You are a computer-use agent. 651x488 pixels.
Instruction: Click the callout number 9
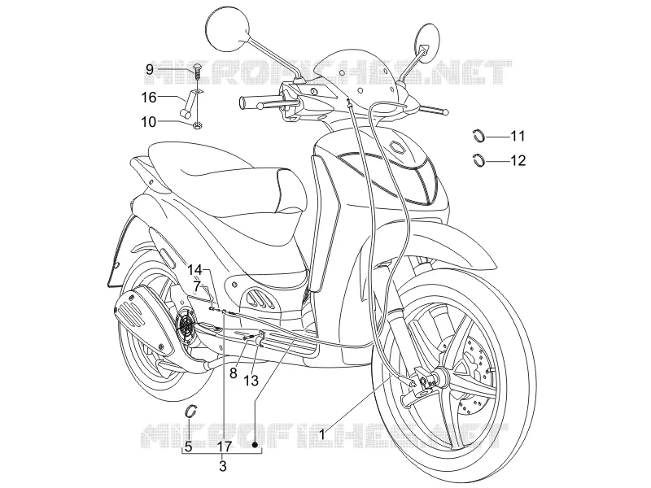point(149,69)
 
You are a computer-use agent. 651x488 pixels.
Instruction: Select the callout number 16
point(149,98)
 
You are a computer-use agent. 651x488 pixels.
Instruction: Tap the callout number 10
point(149,122)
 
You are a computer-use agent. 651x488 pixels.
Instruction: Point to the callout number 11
point(518,136)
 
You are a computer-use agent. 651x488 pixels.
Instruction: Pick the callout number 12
point(518,160)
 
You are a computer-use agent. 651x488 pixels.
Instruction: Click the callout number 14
point(194,270)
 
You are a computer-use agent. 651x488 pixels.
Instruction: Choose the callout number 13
point(251,380)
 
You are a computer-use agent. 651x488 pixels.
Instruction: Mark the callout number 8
point(234,373)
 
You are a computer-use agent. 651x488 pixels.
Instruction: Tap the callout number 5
point(189,447)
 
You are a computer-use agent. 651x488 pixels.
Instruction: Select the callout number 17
point(224,447)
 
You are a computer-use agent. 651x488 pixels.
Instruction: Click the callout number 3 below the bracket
point(223,466)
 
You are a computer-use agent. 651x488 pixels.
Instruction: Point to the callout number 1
point(321,435)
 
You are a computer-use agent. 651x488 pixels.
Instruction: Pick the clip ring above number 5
point(191,410)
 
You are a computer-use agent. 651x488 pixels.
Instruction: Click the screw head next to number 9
point(198,67)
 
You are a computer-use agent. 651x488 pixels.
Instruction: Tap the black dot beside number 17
point(256,445)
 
